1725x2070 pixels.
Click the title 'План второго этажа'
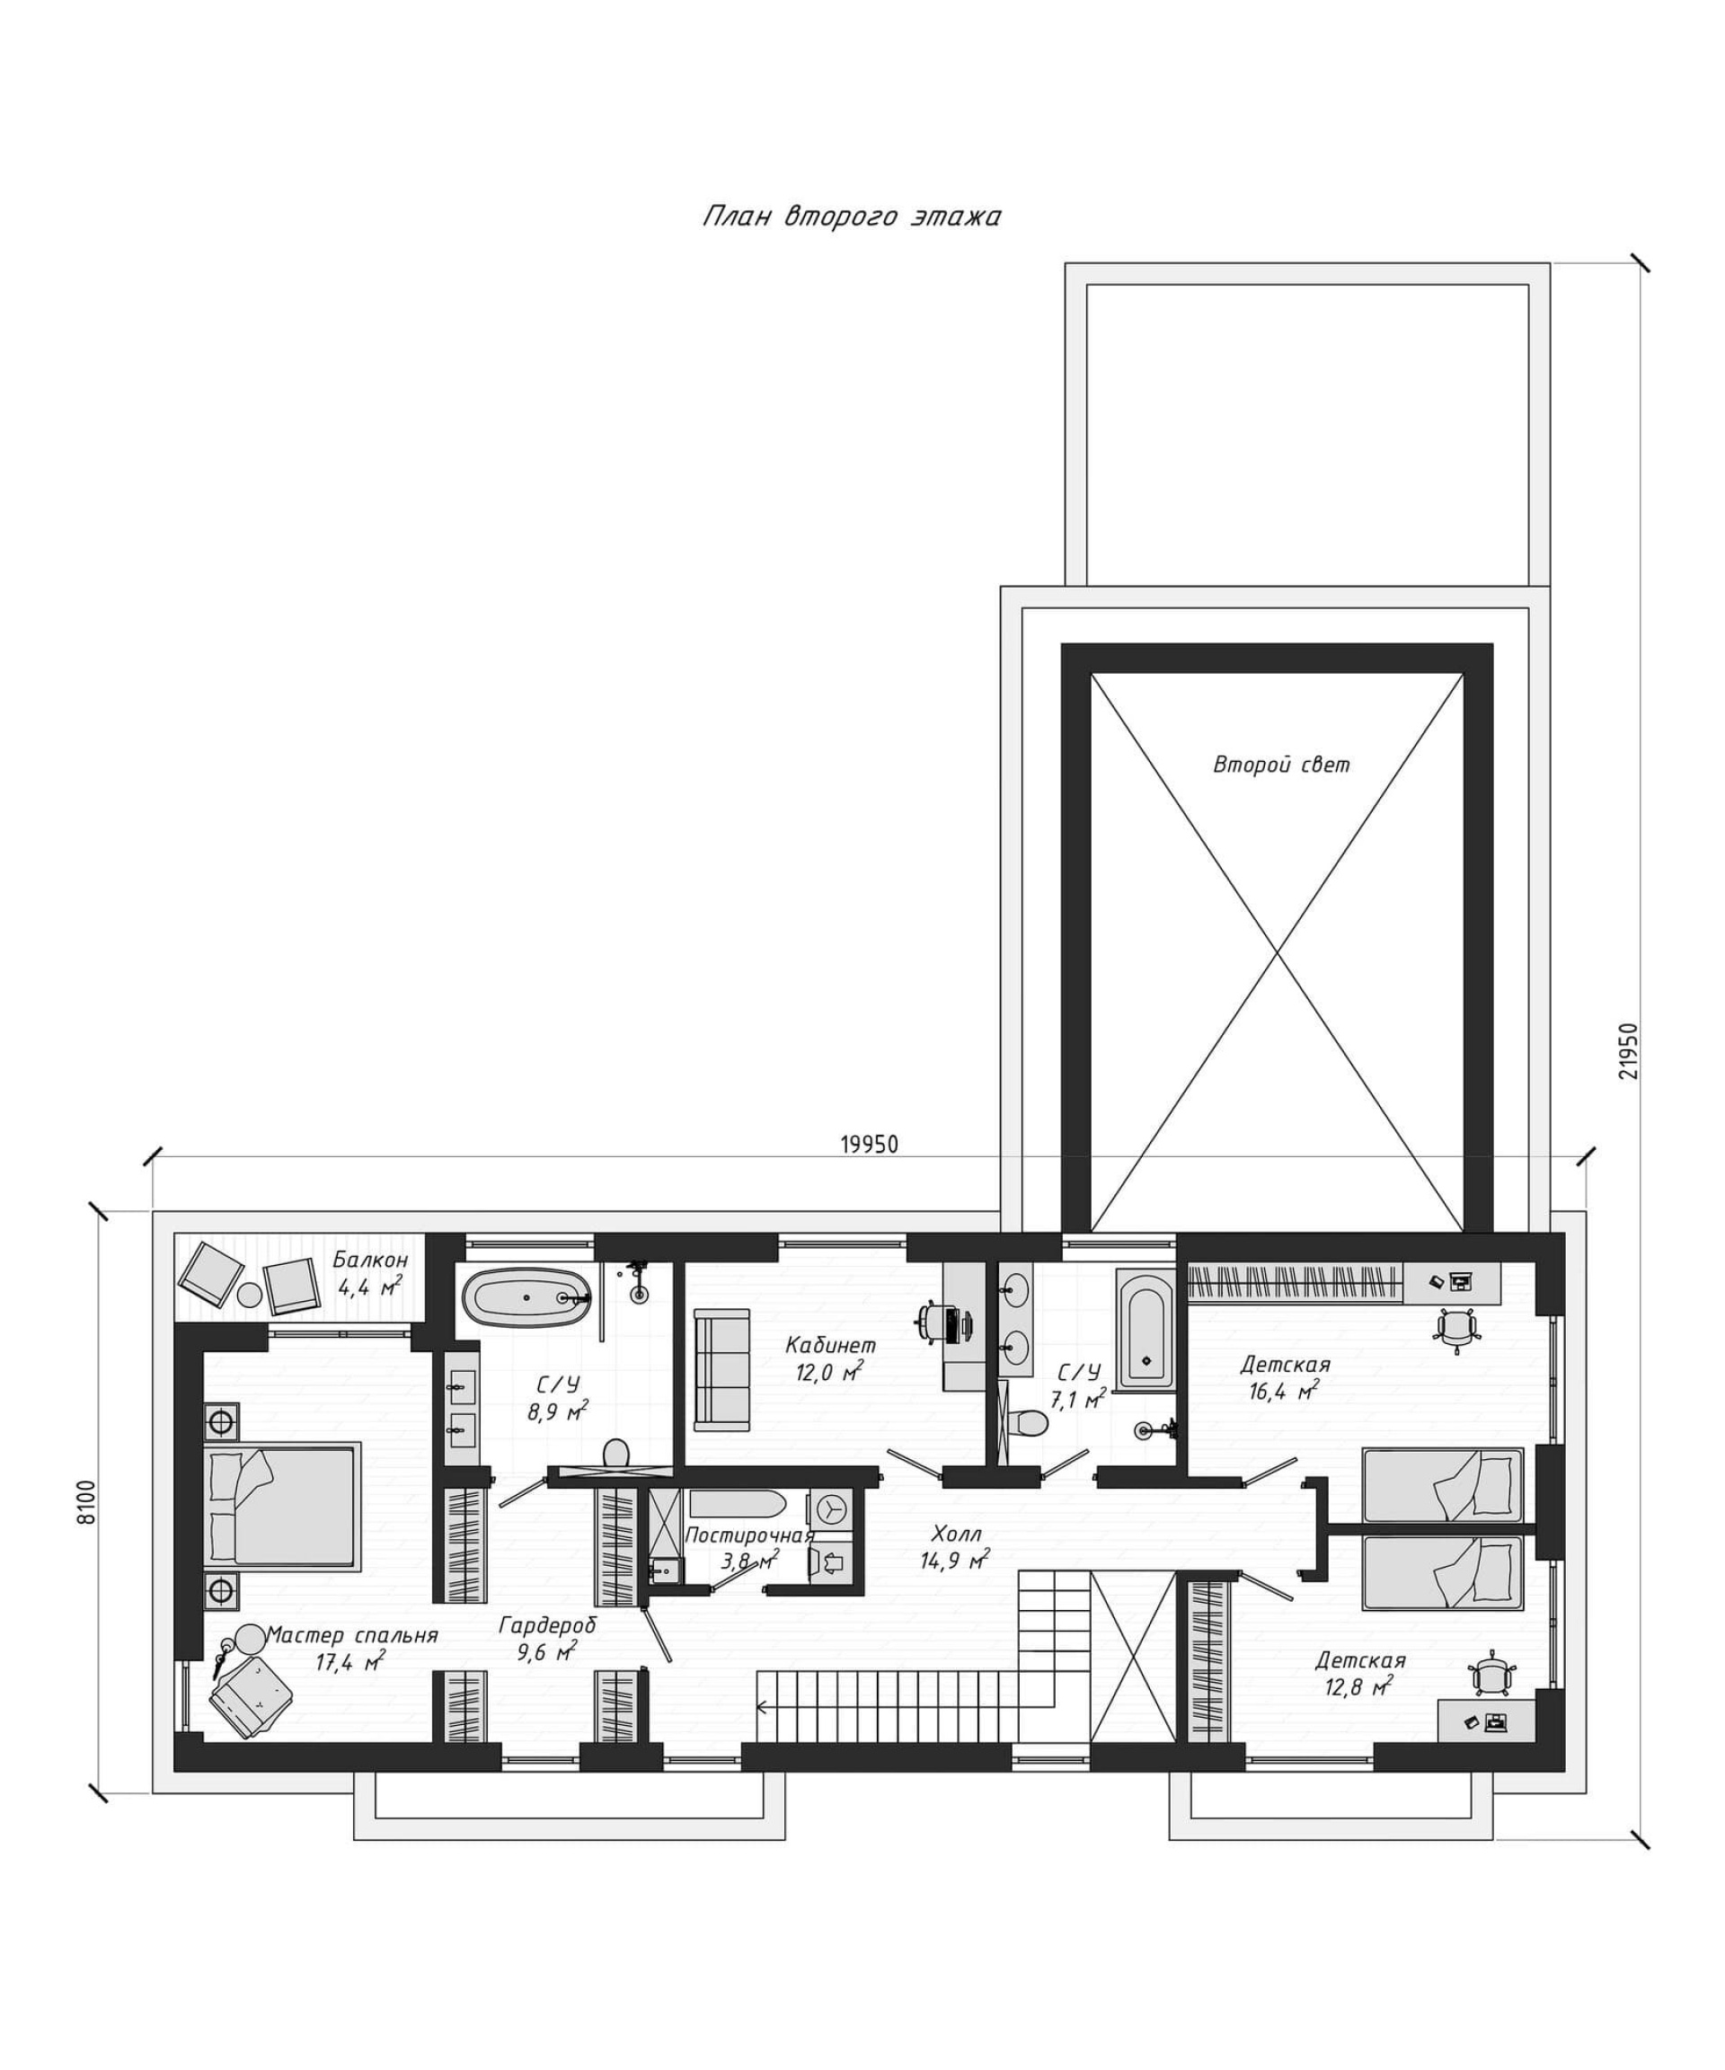point(852,216)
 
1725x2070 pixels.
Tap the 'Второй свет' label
point(1281,765)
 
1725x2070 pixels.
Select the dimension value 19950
point(870,1144)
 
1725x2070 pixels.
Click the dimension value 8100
point(89,1502)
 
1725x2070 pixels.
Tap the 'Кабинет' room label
point(830,1345)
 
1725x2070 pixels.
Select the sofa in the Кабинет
point(721,1367)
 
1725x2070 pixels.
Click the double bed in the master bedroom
point(281,1505)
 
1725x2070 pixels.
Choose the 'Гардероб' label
point(547,1624)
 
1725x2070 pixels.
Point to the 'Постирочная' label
point(749,1535)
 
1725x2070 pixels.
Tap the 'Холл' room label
point(956,1534)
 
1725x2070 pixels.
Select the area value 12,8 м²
point(1359,1686)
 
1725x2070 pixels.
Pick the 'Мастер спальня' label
point(352,1635)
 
